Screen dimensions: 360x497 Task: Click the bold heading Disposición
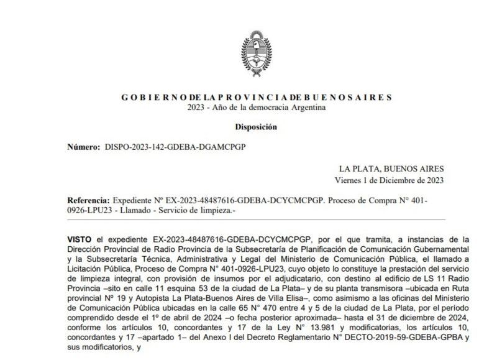255,127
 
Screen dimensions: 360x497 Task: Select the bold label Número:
83,147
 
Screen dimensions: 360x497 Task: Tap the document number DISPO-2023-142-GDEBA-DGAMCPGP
175,147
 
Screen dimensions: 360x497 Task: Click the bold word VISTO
81,239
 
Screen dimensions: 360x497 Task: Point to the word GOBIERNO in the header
143,98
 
